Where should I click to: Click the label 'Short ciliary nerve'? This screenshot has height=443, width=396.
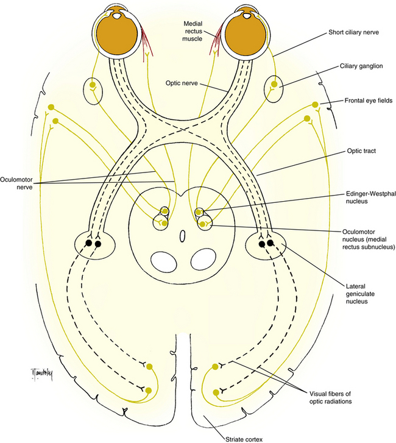[353, 32]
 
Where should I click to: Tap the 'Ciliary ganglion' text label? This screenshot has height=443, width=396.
[361, 66]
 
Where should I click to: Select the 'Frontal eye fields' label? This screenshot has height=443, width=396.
[369, 101]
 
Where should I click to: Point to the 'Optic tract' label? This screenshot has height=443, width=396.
[361, 151]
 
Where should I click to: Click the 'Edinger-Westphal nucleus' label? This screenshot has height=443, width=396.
[370, 197]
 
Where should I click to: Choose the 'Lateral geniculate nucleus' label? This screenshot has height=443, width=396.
[360, 294]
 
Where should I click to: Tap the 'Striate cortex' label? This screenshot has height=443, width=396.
[244, 439]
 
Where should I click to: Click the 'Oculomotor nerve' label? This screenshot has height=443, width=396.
[16, 183]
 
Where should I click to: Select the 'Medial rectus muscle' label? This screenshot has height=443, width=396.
[193, 31]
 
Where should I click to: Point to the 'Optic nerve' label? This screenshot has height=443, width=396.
[182, 83]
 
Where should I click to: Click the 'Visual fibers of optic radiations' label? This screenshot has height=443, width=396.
[330, 397]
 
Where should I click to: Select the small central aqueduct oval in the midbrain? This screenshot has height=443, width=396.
[183, 236]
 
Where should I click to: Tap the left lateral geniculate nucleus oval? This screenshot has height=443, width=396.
[95, 245]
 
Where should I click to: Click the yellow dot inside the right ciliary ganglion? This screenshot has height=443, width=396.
[274, 84]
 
